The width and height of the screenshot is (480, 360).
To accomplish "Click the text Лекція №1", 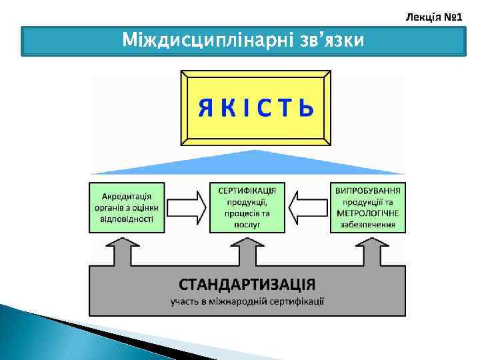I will click(x=434, y=15).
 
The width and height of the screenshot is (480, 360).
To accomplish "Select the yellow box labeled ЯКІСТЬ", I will click(x=255, y=108).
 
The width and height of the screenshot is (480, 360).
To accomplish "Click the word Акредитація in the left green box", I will click(x=127, y=197).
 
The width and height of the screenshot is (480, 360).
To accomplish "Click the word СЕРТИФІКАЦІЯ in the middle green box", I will click(x=248, y=191).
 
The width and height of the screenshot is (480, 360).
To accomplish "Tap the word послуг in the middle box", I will click(x=248, y=225).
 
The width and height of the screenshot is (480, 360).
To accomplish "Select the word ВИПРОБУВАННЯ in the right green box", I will click(x=369, y=191).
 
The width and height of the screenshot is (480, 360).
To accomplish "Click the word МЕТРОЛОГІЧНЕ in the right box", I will click(x=369, y=213).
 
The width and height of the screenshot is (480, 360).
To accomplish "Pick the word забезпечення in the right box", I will click(x=369, y=225).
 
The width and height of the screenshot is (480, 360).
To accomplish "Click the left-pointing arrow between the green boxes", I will click(x=308, y=207).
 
